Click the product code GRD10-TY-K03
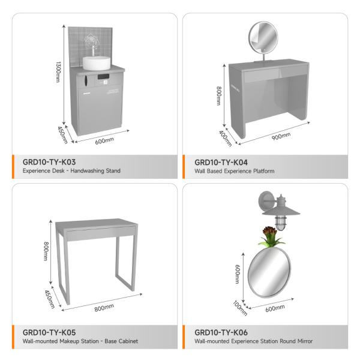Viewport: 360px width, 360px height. [x=49, y=162]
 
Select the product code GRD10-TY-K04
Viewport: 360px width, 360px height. [x=221, y=163]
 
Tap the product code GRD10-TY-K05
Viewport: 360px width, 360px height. [x=49, y=332]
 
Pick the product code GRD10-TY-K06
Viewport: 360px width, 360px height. [x=221, y=332]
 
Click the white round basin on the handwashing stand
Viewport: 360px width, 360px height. [x=97, y=63]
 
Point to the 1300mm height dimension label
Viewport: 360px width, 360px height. [x=58, y=72]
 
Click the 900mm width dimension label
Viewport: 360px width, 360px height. [x=281, y=136]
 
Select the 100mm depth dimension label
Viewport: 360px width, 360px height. [x=240, y=308]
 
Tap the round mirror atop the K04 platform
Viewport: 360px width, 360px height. [x=263, y=37]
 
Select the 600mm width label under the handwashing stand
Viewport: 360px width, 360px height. [x=104, y=141]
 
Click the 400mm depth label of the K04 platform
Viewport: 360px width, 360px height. [x=225, y=139]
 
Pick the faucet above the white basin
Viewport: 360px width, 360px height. [x=94, y=50]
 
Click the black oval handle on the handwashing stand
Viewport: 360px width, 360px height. [x=86, y=81]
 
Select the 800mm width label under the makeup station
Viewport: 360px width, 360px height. [x=104, y=308]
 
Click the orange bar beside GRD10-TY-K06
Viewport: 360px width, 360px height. [x=184, y=337]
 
